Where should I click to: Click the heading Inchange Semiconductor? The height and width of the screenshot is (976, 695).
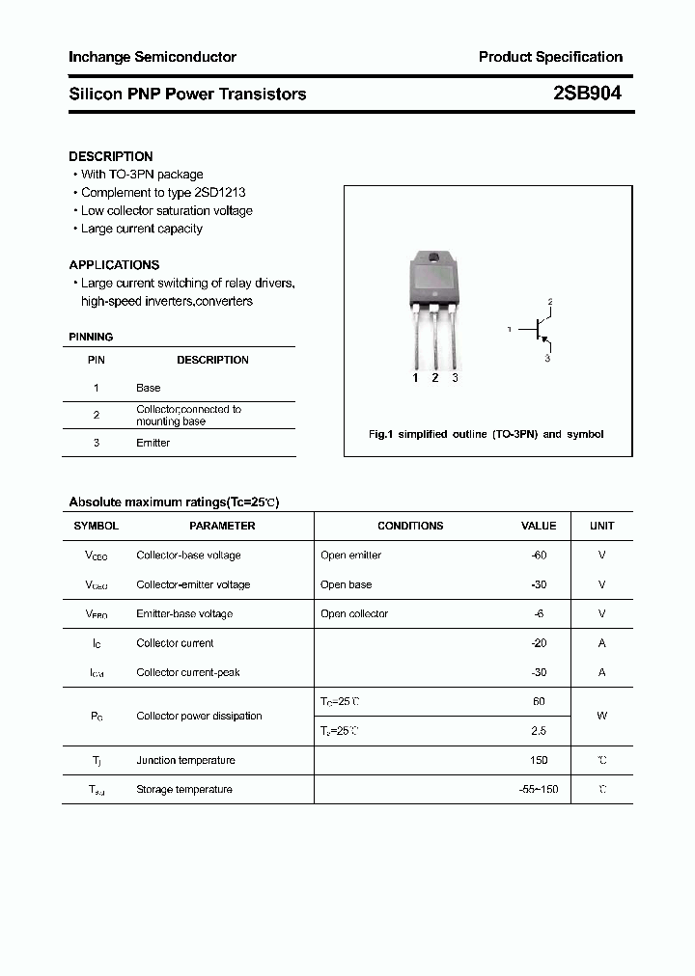pyautogui.click(x=152, y=57)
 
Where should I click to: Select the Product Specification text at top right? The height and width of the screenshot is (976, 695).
pyautogui.click(x=550, y=57)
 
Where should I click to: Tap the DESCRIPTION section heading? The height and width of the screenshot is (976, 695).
pyautogui.click(x=110, y=156)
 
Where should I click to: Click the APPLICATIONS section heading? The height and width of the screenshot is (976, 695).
pyautogui.click(x=114, y=264)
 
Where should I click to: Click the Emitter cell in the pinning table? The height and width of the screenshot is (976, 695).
pyautogui.click(x=153, y=443)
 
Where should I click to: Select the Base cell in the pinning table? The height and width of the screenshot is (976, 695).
pyautogui.click(x=148, y=388)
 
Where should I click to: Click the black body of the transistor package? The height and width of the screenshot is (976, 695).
pyautogui.click(x=434, y=281)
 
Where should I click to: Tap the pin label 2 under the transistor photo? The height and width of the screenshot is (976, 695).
pyautogui.click(x=435, y=378)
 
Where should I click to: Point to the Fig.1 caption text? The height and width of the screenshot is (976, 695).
pyautogui.click(x=486, y=434)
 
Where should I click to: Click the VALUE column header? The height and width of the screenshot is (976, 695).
pyautogui.click(x=539, y=526)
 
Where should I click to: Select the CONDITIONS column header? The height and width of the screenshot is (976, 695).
pyautogui.click(x=410, y=526)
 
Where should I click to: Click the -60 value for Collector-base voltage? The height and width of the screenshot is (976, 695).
pyautogui.click(x=539, y=556)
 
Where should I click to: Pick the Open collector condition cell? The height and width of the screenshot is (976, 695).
pyautogui.click(x=354, y=613)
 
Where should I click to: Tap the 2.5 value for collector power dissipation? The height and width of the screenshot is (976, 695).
pyautogui.click(x=539, y=731)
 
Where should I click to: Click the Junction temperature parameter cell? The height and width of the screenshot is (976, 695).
pyautogui.click(x=185, y=760)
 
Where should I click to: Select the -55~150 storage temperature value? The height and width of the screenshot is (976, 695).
pyautogui.click(x=539, y=790)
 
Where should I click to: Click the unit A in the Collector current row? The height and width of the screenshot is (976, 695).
pyautogui.click(x=601, y=643)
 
